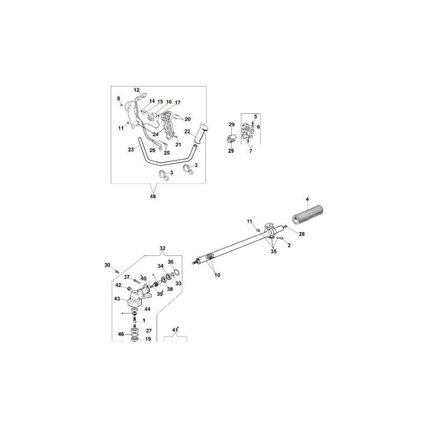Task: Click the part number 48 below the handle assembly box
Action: click(x=154, y=196)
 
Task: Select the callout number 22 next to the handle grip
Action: click(x=187, y=131)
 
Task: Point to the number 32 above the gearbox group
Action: click(x=163, y=249)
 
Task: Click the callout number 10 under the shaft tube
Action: click(x=217, y=274)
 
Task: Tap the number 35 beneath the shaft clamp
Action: click(x=274, y=250)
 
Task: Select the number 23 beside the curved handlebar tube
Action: click(x=131, y=150)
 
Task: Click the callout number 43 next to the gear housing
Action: click(x=117, y=299)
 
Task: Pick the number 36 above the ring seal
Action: click(x=171, y=262)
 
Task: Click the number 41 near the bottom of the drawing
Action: click(x=174, y=330)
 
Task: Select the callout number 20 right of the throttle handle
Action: click(x=187, y=119)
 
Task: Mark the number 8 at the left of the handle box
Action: click(x=119, y=98)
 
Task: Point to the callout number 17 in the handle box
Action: click(x=178, y=102)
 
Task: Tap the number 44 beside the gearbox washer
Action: click(x=147, y=310)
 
